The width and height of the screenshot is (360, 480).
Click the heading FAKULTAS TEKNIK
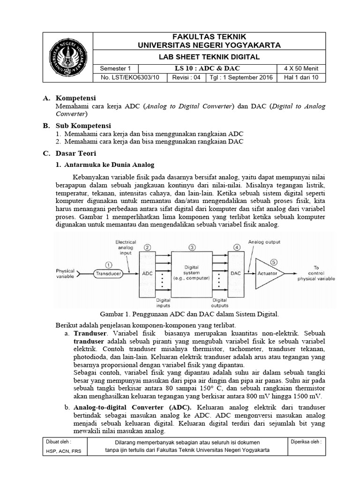pos(209,37)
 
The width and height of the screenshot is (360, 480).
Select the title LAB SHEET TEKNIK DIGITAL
pos(209,57)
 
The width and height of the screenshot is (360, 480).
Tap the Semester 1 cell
pos(114,68)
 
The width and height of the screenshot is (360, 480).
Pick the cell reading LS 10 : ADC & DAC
pos(207,68)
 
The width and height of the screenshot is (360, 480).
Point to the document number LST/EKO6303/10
pos(127,78)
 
